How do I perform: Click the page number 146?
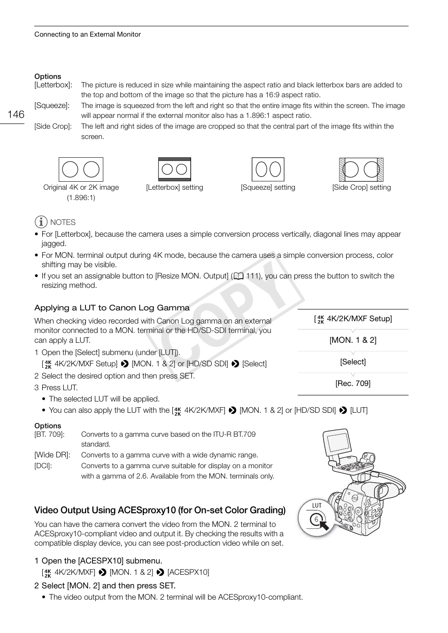coord(16,115)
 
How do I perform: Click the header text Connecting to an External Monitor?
coord(87,34)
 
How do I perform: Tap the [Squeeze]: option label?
coord(52,106)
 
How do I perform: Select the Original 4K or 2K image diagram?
coord(81,170)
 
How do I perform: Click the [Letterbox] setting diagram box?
coord(174,170)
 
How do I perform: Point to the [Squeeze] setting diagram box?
coord(268,170)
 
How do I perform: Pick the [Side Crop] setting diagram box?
coord(361,170)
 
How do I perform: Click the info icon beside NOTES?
coord(41,222)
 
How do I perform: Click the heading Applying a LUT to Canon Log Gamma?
coord(112,308)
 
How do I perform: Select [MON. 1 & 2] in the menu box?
coord(353,340)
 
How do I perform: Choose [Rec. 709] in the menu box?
coord(353,384)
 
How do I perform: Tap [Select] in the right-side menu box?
coord(353,362)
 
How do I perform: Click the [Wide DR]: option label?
coord(52,455)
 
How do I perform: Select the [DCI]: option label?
coord(43,466)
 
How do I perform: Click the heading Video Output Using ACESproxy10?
coord(160,510)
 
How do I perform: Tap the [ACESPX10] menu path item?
coord(188,572)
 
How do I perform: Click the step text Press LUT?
coord(59,388)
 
